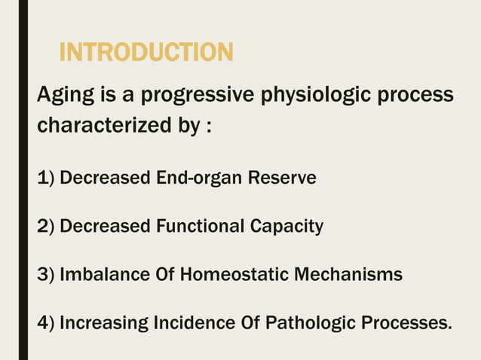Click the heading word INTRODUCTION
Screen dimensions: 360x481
coord(146,53)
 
